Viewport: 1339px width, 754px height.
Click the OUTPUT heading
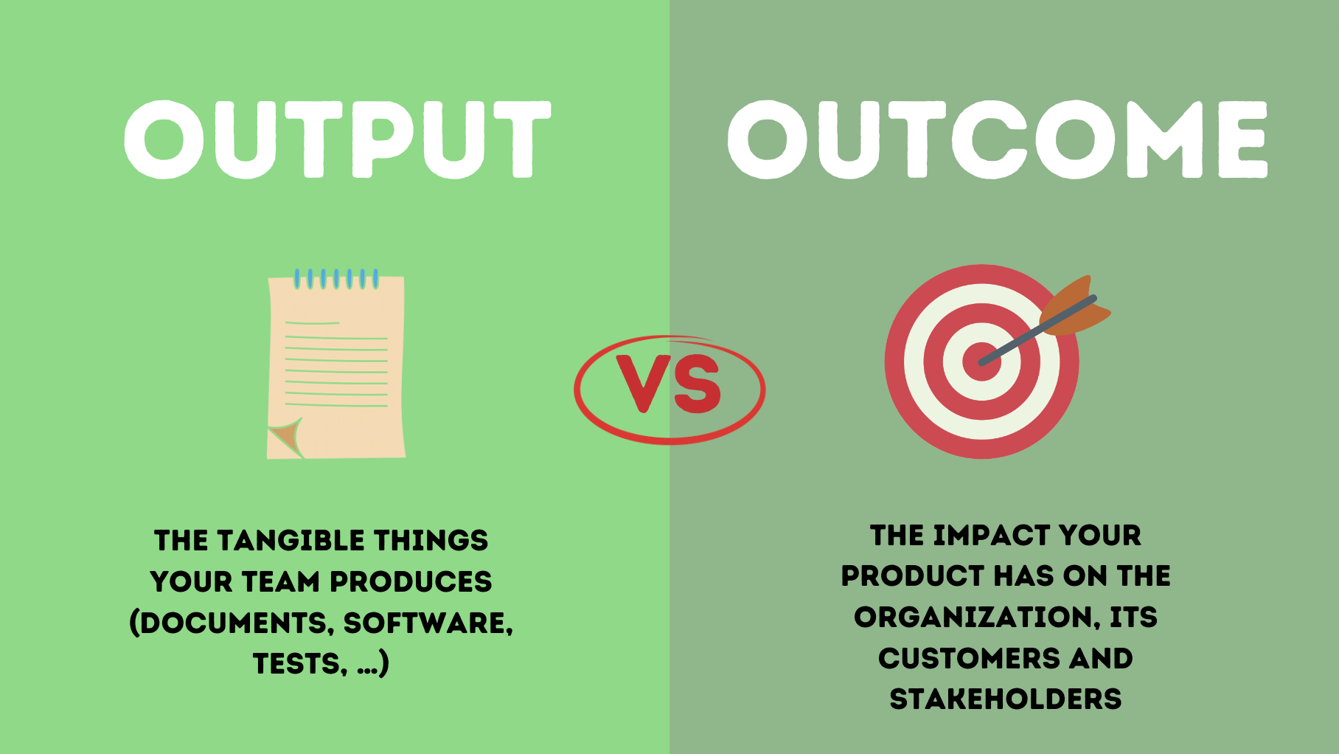click(x=338, y=139)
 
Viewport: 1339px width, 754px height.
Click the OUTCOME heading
click(x=997, y=139)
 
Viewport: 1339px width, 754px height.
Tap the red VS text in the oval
click(x=669, y=384)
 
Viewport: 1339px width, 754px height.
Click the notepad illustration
click(x=336, y=369)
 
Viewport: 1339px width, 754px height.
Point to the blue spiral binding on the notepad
click(x=336, y=279)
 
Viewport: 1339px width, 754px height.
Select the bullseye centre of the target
click(x=981, y=362)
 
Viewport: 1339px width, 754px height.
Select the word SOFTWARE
click(x=428, y=623)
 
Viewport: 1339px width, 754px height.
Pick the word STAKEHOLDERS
click(x=1006, y=699)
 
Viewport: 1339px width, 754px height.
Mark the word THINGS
click(x=431, y=541)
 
